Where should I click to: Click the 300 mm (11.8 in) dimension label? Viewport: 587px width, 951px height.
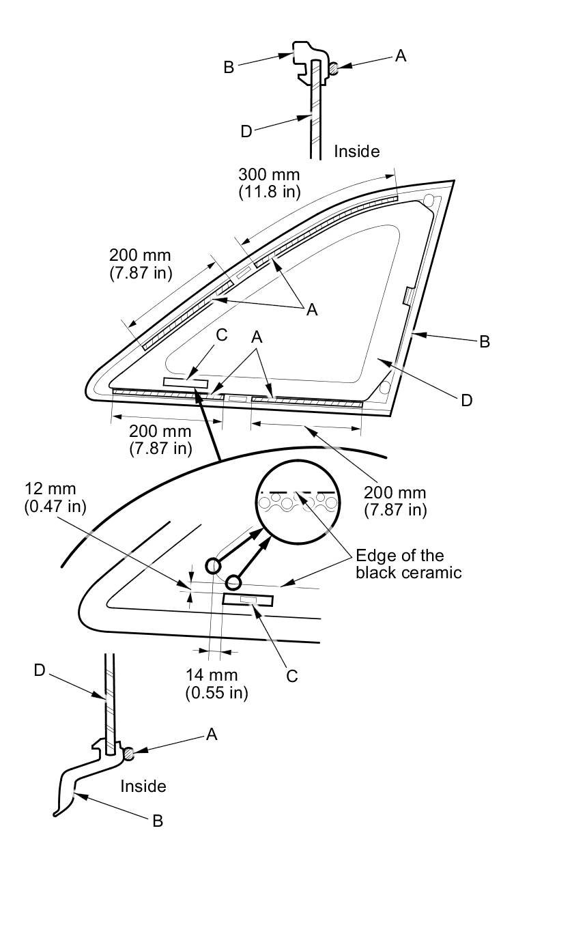[269, 183]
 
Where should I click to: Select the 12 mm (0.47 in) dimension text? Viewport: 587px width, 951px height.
[51, 498]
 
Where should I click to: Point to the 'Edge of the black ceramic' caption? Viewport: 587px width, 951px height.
[408, 563]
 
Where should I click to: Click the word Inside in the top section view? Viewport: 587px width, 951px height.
[356, 151]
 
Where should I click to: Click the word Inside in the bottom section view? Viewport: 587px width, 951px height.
[143, 786]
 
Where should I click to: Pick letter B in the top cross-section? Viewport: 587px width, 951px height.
[229, 67]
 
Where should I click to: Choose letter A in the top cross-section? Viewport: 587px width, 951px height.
[401, 57]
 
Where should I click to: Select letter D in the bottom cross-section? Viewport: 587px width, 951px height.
[40, 671]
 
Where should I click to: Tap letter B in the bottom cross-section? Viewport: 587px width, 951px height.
[158, 821]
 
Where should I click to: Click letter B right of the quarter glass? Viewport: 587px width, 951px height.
[485, 341]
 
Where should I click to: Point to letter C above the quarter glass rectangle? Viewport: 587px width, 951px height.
[221, 336]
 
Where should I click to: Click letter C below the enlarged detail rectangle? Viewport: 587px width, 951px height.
[292, 676]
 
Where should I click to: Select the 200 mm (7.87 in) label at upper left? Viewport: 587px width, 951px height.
[140, 264]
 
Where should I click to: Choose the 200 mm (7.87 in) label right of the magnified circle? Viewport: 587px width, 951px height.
[395, 500]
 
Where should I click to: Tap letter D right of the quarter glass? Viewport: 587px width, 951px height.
[467, 400]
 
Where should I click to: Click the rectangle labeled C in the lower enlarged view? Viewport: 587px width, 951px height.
[248, 599]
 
